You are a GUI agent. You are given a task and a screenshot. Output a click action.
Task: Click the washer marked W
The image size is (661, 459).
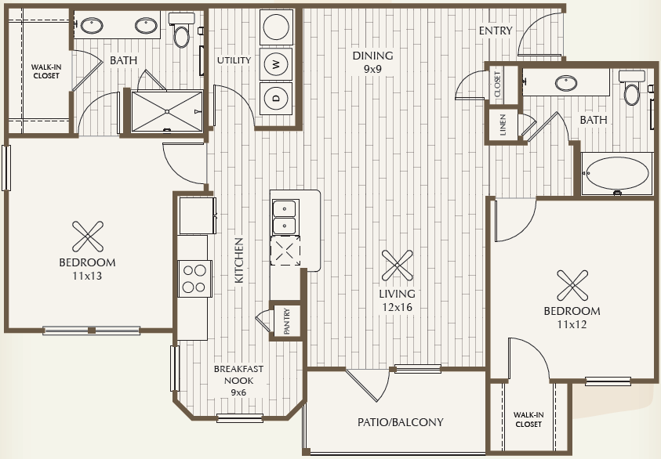click(276, 64)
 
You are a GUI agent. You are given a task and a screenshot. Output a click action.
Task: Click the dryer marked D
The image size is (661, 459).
click(276, 98)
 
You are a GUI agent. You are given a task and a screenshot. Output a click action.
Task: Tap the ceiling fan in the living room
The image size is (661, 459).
click(397, 266)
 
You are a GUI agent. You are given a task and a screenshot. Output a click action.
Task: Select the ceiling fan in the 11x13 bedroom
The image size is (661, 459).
click(88, 237)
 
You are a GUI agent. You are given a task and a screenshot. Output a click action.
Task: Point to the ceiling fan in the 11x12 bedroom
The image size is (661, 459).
click(572, 286)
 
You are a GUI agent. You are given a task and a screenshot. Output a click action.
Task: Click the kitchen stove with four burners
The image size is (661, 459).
click(194, 279)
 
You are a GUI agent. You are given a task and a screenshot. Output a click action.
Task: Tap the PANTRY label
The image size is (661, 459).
click(287, 321)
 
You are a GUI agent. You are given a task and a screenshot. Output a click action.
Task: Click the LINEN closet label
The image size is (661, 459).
click(503, 125)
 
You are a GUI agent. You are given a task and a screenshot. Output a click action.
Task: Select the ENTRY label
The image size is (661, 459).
click(496, 31)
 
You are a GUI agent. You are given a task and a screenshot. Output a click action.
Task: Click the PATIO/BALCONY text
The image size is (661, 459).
click(401, 422)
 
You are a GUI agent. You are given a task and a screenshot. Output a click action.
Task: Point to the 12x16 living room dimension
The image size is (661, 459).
click(397, 307)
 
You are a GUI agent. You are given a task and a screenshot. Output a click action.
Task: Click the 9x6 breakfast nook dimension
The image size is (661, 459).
click(238, 392)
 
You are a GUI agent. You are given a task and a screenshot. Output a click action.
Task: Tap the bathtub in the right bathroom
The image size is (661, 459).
click(617, 174)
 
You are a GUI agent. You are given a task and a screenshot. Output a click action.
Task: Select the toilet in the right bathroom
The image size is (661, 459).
click(631, 88)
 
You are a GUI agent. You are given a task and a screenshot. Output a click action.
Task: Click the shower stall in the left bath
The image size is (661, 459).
click(167, 111)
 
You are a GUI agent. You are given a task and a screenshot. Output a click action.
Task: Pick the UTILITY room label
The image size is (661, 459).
click(234, 60)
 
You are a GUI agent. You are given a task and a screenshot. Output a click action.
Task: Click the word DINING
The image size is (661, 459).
click(373, 56)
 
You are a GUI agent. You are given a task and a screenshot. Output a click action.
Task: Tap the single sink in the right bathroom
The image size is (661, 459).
click(565, 83)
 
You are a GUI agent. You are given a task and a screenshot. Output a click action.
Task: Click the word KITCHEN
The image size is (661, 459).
click(239, 260)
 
